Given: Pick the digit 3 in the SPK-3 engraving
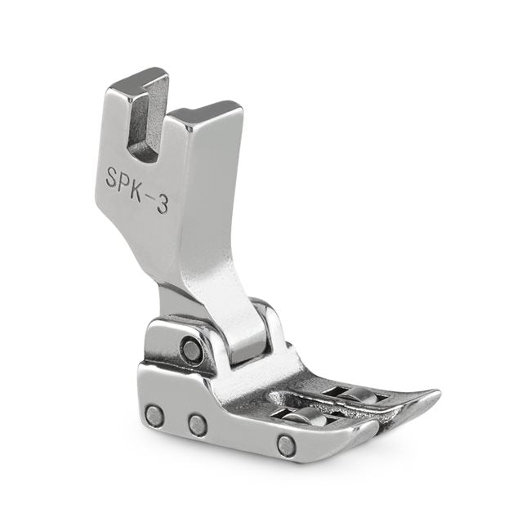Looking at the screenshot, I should (163, 204).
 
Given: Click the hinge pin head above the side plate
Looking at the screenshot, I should (192, 351).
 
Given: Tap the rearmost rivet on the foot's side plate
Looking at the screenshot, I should (154, 416).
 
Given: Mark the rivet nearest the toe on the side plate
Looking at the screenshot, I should (287, 445).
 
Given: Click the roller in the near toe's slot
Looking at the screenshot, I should (308, 418).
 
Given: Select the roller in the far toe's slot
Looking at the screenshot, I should (359, 395).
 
